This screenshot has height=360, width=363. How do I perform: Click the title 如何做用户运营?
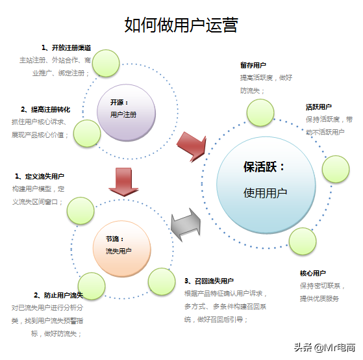click(181, 25)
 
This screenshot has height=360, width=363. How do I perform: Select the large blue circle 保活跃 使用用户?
click(265, 179)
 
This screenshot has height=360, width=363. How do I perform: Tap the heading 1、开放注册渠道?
click(66, 47)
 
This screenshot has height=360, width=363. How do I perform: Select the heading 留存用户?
click(253, 66)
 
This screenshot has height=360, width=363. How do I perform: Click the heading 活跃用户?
click(319, 107)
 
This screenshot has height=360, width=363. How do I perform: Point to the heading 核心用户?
click(312, 274)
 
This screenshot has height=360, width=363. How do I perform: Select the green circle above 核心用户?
click(301, 242)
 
